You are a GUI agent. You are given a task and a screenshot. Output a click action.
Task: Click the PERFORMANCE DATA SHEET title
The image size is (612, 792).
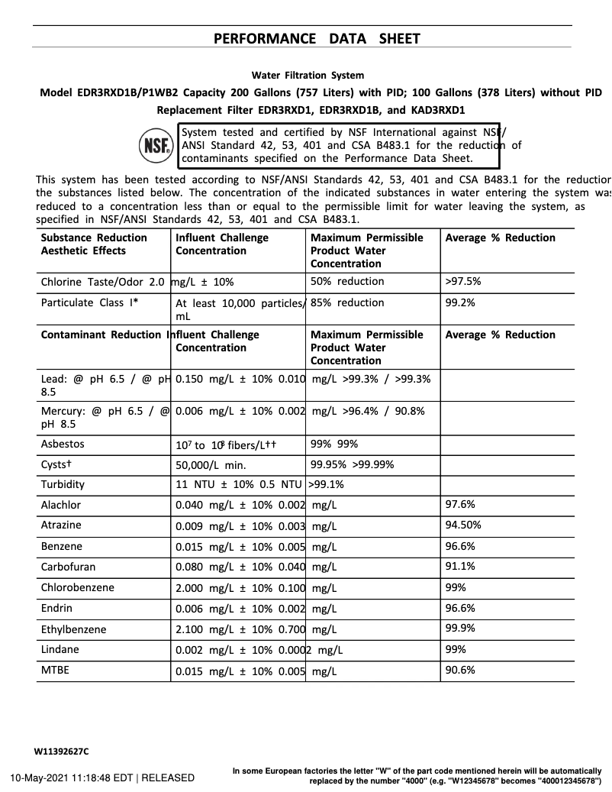(x=316, y=38)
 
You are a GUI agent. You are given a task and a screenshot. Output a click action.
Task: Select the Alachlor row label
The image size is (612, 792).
(x=61, y=505)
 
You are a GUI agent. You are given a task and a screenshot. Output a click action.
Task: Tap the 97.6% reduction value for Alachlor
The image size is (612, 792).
(x=460, y=505)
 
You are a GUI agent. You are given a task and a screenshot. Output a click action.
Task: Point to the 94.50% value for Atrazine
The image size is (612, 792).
(x=463, y=525)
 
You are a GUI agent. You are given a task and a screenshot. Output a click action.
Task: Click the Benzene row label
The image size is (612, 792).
(x=62, y=547)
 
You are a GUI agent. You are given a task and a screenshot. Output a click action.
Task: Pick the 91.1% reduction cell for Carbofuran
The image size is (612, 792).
(x=460, y=567)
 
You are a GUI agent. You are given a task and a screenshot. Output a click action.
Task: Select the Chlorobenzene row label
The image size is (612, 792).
(x=77, y=588)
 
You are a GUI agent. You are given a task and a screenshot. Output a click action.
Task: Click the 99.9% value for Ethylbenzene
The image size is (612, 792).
(x=460, y=629)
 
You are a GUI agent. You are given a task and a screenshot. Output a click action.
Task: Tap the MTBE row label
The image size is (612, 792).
(x=55, y=671)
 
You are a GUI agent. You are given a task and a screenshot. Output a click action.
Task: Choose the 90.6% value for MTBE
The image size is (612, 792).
(x=460, y=671)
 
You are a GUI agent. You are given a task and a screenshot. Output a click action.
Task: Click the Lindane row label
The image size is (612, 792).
(x=60, y=650)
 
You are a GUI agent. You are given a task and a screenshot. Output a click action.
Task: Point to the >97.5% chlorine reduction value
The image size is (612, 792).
(x=463, y=281)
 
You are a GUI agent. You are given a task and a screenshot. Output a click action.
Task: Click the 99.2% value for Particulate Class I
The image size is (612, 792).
(x=460, y=302)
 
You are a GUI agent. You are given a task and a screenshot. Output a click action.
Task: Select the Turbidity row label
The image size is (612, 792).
(x=63, y=484)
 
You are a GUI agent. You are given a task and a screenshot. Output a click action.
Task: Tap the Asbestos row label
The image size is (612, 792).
(x=63, y=444)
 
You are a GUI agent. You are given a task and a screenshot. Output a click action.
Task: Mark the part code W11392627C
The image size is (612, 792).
(x=61, y=752)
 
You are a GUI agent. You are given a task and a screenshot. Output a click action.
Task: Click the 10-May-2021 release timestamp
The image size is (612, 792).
(x=101, y=777)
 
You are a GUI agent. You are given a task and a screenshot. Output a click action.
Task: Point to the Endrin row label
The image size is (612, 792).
(x=57, y=609)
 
